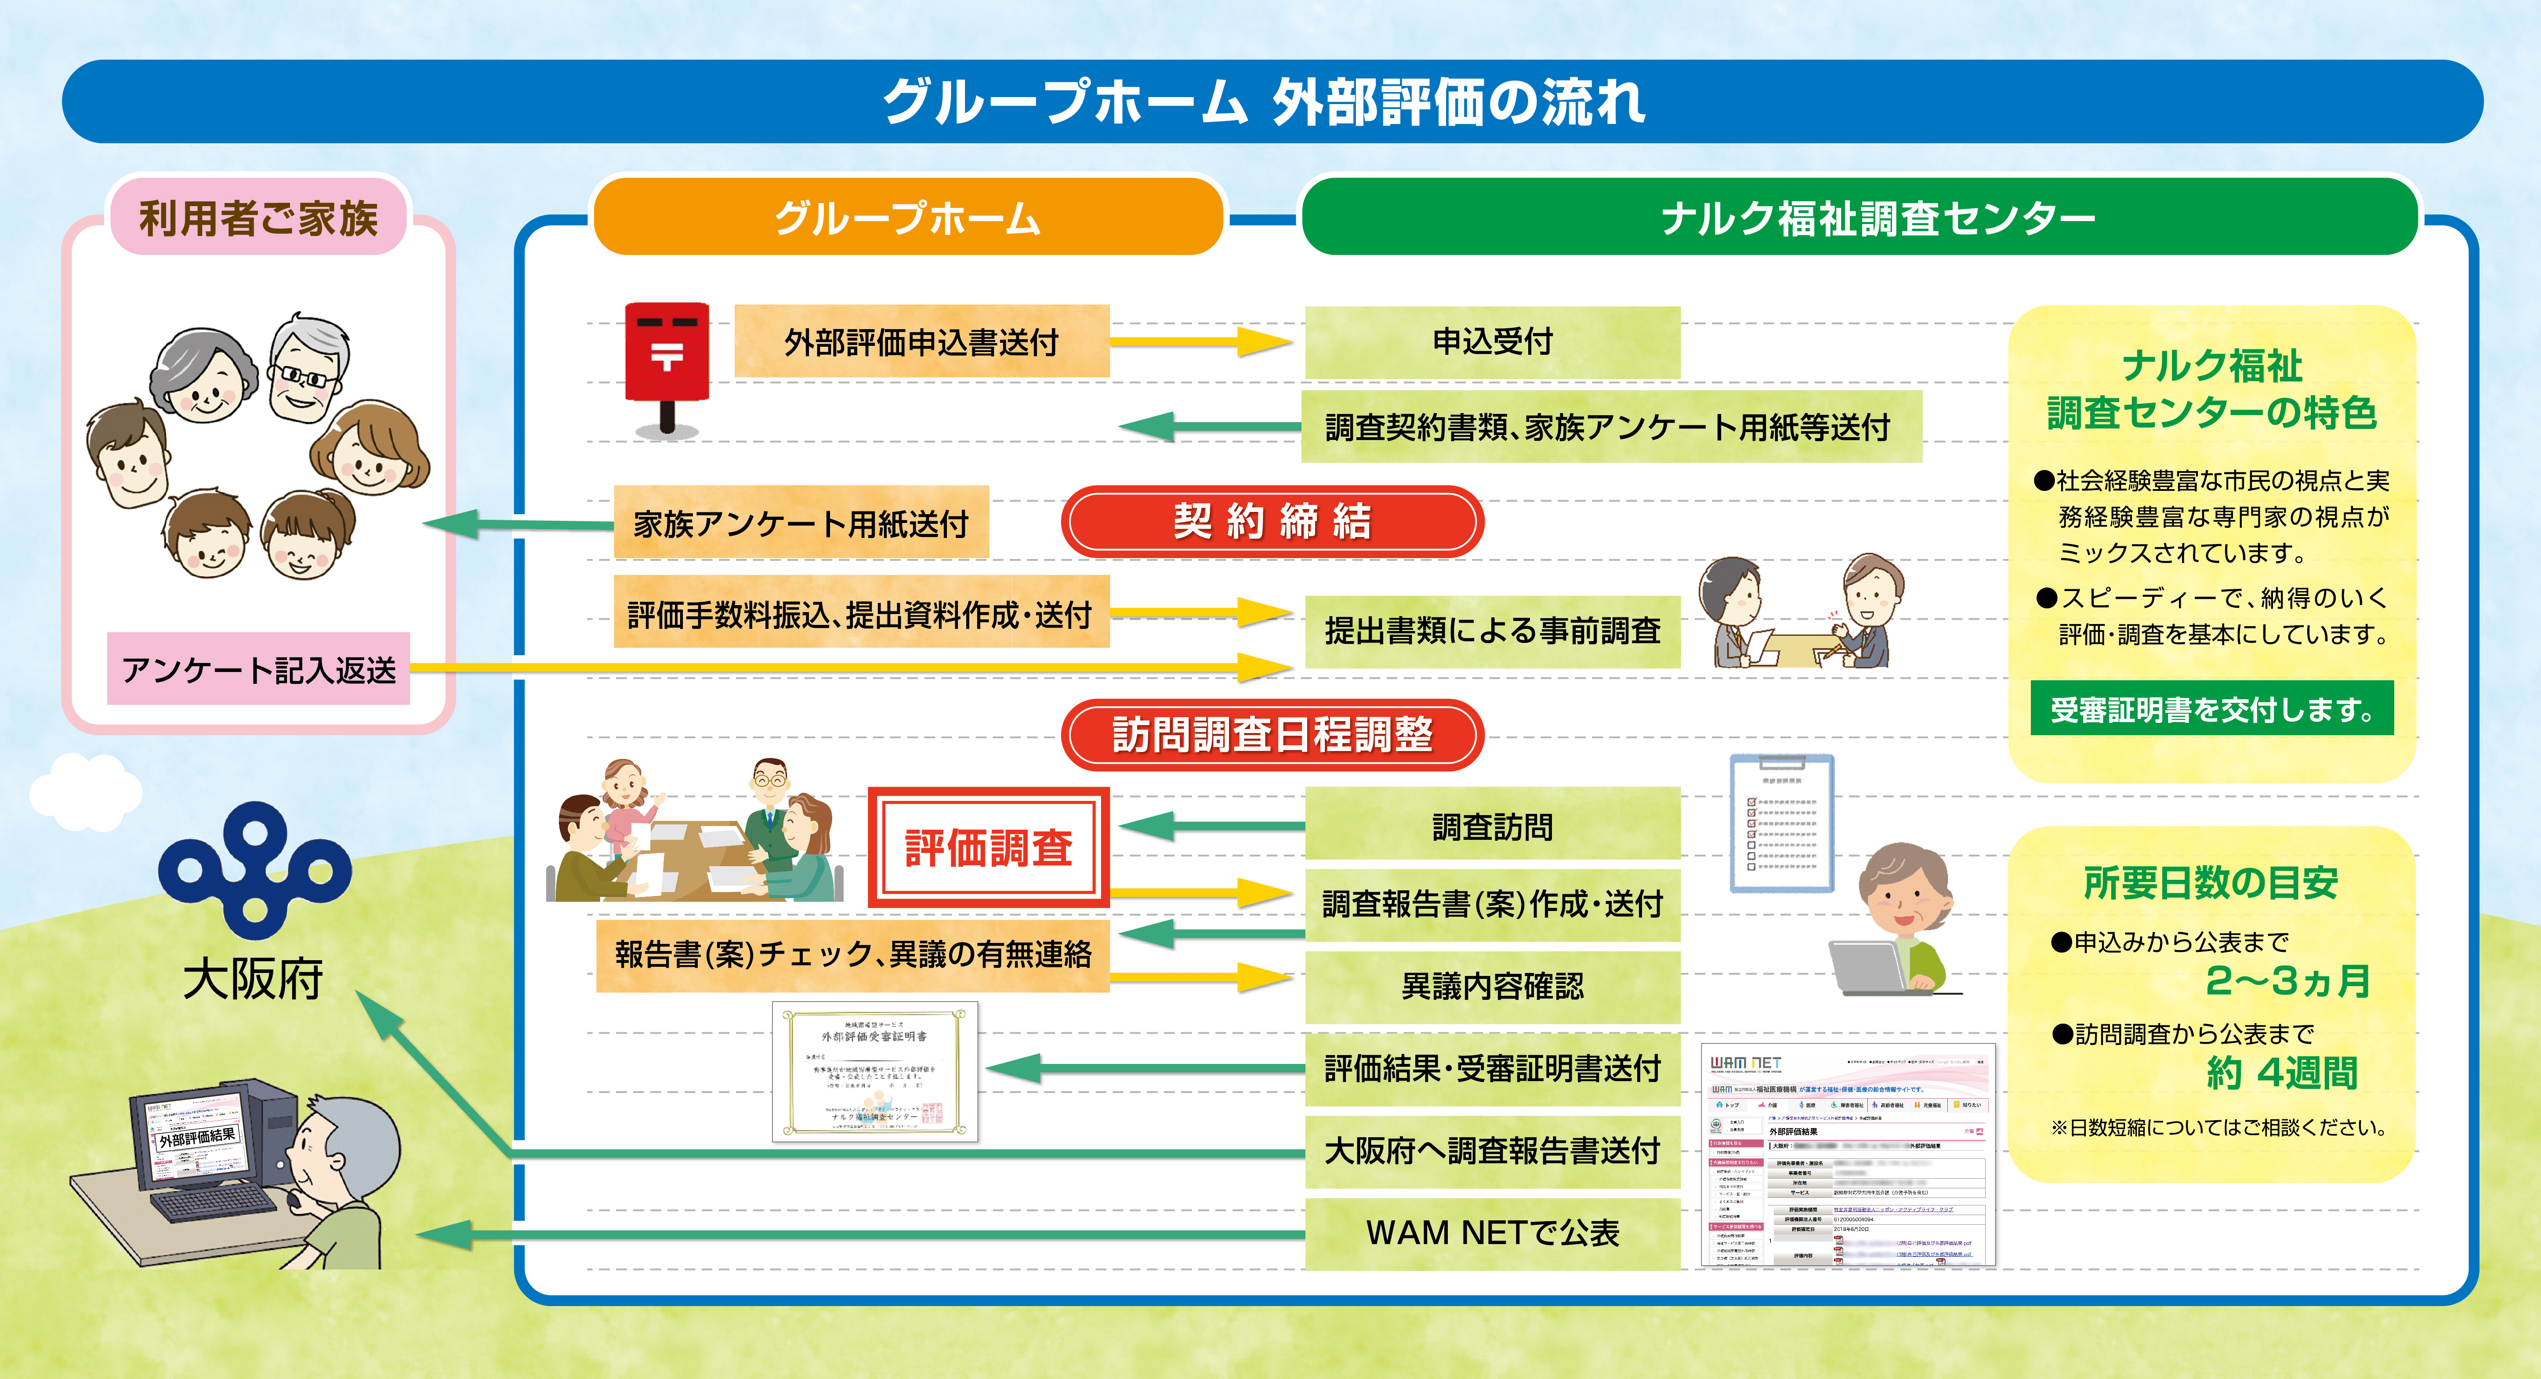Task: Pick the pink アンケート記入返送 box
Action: click(x=258, y=670)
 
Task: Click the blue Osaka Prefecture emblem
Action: click(x=254, y=868)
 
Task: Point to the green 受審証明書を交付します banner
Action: click(x=2211, y=708)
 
